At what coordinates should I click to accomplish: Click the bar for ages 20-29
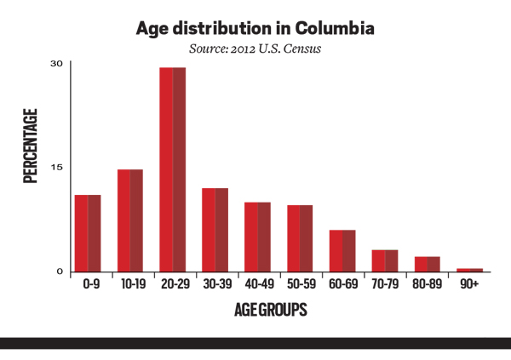173,169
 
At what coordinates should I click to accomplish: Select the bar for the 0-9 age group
87,233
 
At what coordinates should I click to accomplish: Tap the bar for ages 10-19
130,220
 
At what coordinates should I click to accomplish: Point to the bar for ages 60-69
342,251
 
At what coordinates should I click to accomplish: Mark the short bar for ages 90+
470,270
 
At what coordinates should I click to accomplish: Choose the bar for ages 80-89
428,264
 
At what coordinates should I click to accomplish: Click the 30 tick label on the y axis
56,64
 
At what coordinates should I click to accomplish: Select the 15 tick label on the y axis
56,167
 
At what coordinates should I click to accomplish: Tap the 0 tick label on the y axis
60,271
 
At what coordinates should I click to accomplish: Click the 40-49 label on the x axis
257,287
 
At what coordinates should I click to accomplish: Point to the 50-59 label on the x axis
300,287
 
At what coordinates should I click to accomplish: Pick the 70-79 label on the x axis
385,287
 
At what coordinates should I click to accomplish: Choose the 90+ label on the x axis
470,287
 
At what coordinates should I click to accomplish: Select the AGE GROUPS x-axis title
270,311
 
